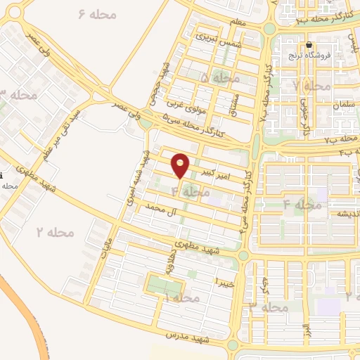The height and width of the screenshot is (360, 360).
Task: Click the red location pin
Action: [x=181, y=165]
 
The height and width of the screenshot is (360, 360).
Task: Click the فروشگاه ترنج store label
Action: [x=308, y=56]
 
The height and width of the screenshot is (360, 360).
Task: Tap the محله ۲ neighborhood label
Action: [x=56, y=231]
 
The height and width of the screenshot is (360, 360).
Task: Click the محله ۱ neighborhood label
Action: [x=180, y=299]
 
